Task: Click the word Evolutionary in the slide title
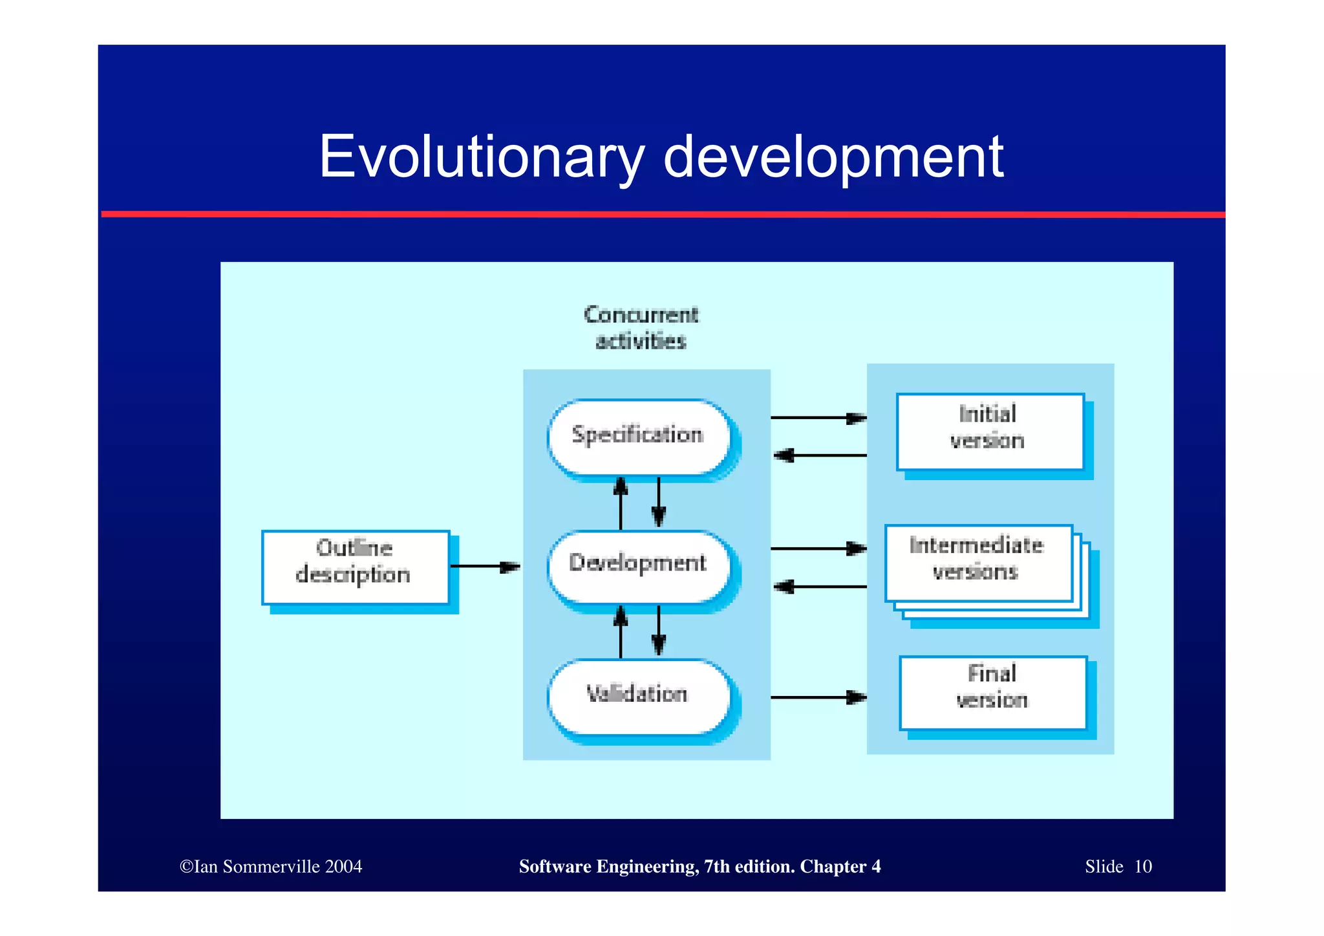[x=482, y=157]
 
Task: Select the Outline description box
[x=355, y=567]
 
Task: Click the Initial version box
[x=989, y=431]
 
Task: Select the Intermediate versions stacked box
[x=977, y=562]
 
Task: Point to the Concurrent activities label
[x=640, y=328]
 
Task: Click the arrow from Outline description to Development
[x=485, y=567]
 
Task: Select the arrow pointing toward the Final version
[x=818, y=697]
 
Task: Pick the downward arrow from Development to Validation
[x=659, y=631]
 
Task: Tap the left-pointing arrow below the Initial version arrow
[x=819, y=455]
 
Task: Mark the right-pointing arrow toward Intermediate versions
[x=818, y=549]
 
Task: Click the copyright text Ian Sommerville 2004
[x=271, y=867]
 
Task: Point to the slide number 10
[x=1143, y=867]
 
